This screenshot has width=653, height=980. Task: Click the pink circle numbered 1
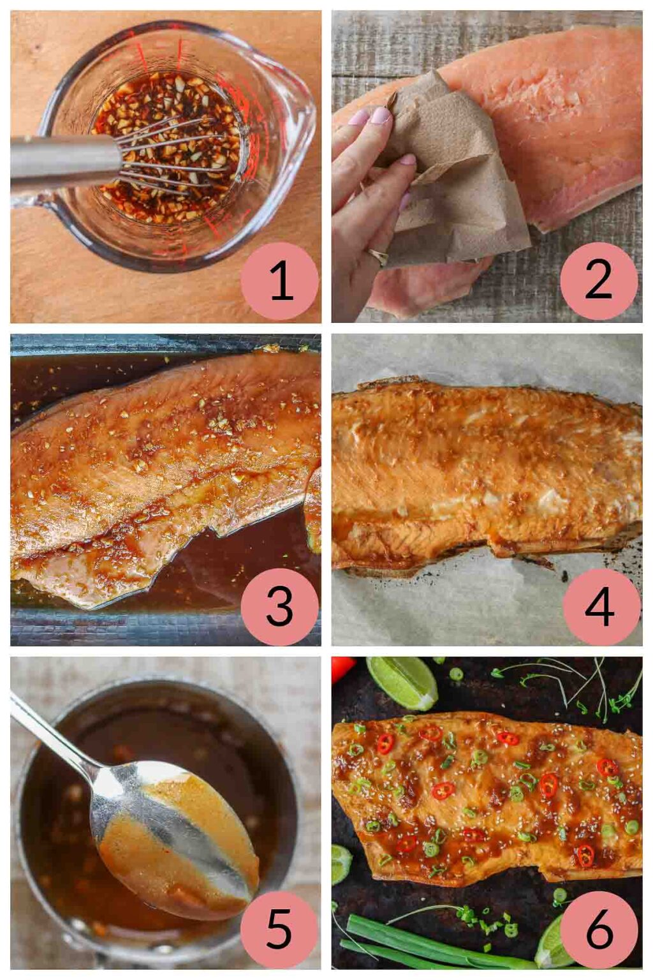279,281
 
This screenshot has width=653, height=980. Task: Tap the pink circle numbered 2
598,281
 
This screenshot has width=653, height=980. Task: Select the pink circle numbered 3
279,606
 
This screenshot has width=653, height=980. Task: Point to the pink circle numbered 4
601,606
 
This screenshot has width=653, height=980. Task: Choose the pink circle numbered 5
279,929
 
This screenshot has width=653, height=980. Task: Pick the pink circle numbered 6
599,929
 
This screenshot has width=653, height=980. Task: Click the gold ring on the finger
378,256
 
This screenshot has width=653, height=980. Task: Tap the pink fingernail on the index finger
381,115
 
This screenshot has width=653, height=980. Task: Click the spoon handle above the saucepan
51,734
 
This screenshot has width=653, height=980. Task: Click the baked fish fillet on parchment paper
485,472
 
